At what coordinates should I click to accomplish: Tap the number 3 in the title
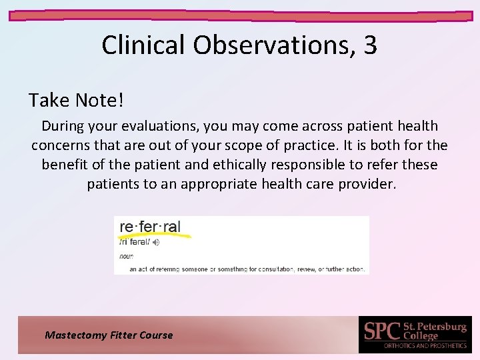[x=370, y=45]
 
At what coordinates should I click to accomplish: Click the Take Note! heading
[x=76, y=101]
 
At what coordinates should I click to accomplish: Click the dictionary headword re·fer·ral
[x=150, y=226]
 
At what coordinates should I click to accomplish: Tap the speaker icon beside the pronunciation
[x=156, y=243]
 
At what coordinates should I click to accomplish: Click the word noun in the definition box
[x=126, y=256]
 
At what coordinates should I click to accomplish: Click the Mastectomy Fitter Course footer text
[x=109, y=335]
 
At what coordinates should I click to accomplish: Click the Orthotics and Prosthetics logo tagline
[x=425, y=346]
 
